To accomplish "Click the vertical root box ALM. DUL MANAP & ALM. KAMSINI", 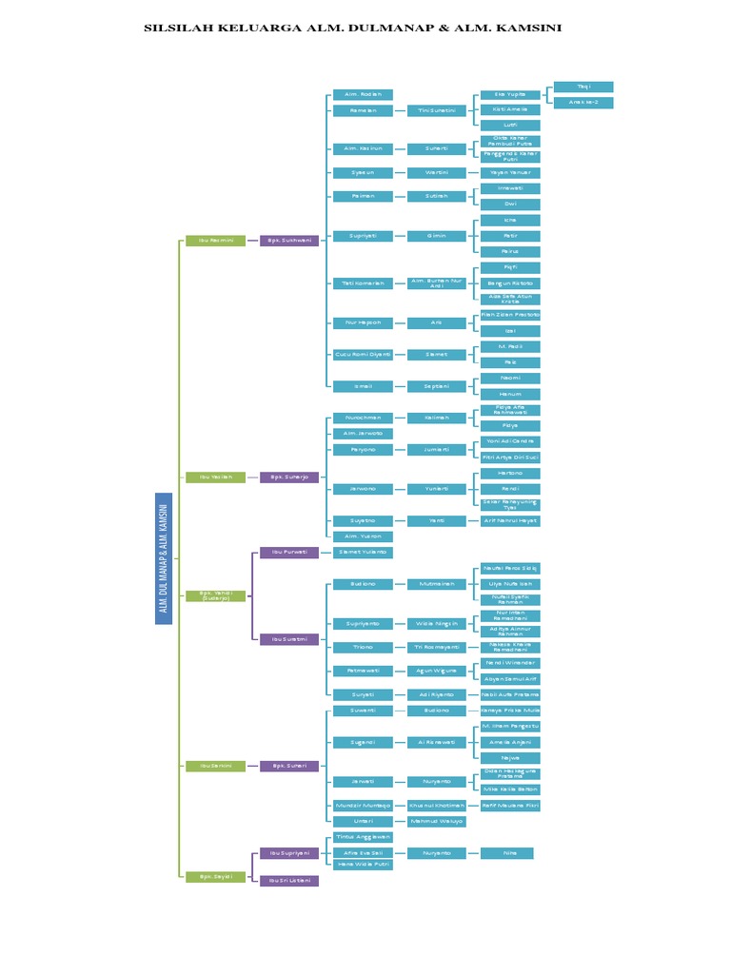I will click(x=164, y=558).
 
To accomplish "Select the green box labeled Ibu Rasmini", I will click(x=215, y=241).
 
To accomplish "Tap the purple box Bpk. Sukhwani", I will click(x=289, y=241).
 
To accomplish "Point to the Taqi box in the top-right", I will click(x=583, y=87).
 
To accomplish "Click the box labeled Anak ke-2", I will click(x=583, y=103).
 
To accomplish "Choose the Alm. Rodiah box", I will click(x=363, y=94).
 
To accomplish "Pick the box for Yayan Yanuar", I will click(x=510, y=173).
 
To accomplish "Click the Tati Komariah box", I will click(x=363, y=283).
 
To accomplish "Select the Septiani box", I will click(x=437, y=386).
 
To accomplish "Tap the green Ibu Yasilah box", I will click(x=215, y=477).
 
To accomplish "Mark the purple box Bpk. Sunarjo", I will click(x=289, y=477).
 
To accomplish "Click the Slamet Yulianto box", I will click(x=363, y=553).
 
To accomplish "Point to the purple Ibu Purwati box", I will click(x=289, y=553).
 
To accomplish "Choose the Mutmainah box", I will click(x=437, y=584).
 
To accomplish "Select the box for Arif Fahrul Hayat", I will click(x=510, y=521).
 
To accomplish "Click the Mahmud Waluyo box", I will click(x=437, y=821).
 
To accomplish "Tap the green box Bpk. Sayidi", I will click(x=215, y=876).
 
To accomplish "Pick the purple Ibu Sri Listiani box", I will click(x=289, y=881).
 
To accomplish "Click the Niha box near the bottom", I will click(x=506, y=853).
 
